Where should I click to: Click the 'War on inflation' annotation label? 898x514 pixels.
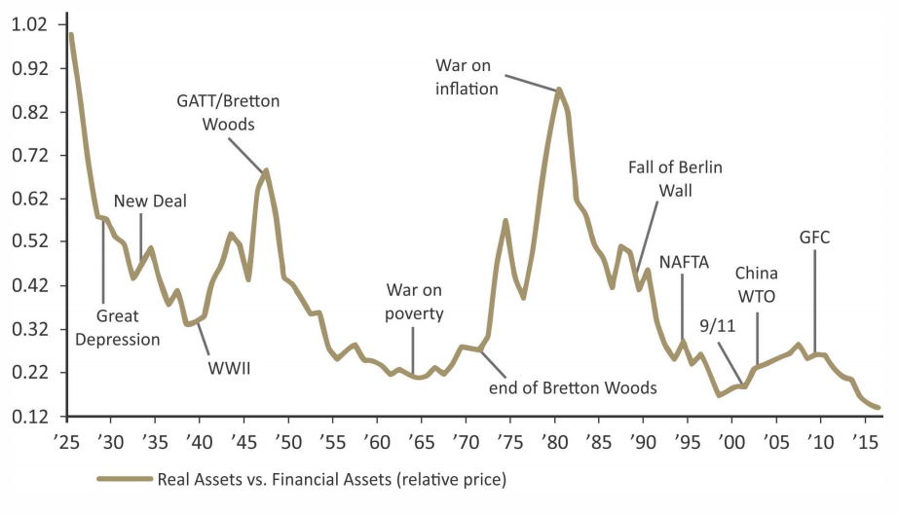[467, 77]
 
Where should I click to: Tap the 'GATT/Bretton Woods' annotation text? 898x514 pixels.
[228, 112]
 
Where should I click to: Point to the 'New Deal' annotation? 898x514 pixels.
[150, 201]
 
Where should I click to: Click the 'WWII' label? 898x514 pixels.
[230, 369]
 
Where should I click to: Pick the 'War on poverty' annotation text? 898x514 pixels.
[415, 302]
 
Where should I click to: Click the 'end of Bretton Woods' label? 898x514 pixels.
[573, 387]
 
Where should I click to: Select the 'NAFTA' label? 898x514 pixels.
[684, 262]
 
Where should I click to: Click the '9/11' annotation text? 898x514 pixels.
[718, 326]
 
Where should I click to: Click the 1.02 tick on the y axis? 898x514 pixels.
[29, 24]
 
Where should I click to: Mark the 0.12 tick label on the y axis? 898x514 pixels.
[29, 417]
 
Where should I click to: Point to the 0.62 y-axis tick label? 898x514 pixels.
[29, 199]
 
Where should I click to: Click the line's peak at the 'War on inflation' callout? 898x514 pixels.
[559, 90]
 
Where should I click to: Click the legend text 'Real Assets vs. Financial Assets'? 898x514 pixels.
[332, 479]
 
